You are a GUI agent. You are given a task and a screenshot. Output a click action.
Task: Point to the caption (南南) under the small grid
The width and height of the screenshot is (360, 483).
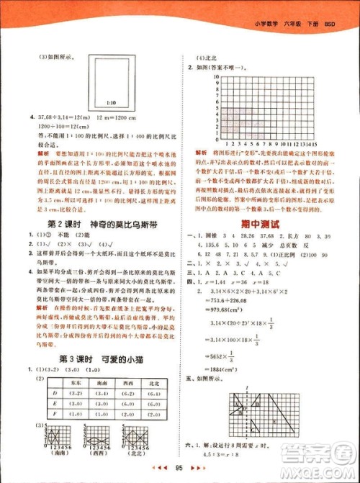(55, 455)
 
